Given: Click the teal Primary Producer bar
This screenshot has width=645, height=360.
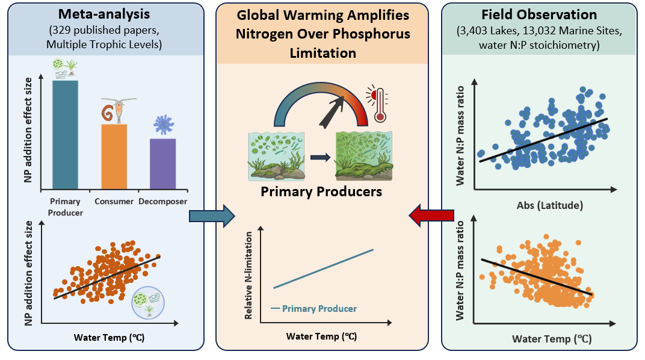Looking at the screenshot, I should (64, 135).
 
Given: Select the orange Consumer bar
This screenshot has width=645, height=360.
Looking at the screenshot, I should (114, 157).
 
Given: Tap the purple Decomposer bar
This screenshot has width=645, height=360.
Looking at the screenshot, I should (162, 164).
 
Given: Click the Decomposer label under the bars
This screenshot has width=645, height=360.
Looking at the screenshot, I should (163, 201).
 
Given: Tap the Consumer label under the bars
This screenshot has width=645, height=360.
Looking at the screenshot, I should (114, 201).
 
